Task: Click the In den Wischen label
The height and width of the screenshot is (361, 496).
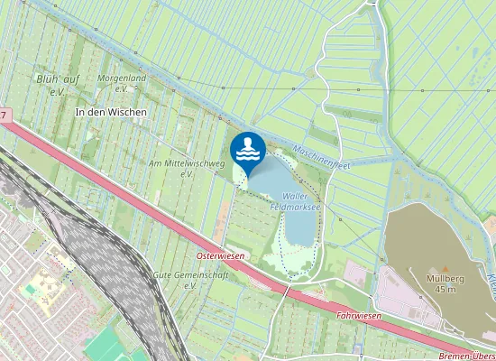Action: (x=110, y=112)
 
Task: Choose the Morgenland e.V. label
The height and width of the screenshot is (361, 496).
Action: (x=121, y=83)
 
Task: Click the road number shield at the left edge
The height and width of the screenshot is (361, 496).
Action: (x=5, y=115)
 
